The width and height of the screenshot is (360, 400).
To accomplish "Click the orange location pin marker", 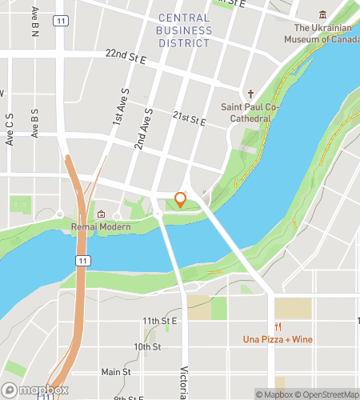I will coord(181,199).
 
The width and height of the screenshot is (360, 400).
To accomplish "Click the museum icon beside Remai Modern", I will coord(102,214).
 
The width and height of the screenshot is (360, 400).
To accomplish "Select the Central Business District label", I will coord(185,30).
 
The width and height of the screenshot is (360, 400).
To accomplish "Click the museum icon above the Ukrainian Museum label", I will coord(322,15).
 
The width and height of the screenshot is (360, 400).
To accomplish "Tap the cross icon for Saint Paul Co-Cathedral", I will coord(250,93).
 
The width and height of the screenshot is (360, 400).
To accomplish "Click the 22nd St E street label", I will coord(126,54).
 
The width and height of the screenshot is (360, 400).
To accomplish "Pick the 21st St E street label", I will coord(190,118).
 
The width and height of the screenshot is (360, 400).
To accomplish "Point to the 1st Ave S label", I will coord(119,106).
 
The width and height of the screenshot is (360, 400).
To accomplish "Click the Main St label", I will coord(115,372).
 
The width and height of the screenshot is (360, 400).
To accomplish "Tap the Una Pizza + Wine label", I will coord(278,339).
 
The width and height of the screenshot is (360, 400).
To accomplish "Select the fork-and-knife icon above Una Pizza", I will coord(278,326).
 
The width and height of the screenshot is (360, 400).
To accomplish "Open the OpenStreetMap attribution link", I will coord(329,394).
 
